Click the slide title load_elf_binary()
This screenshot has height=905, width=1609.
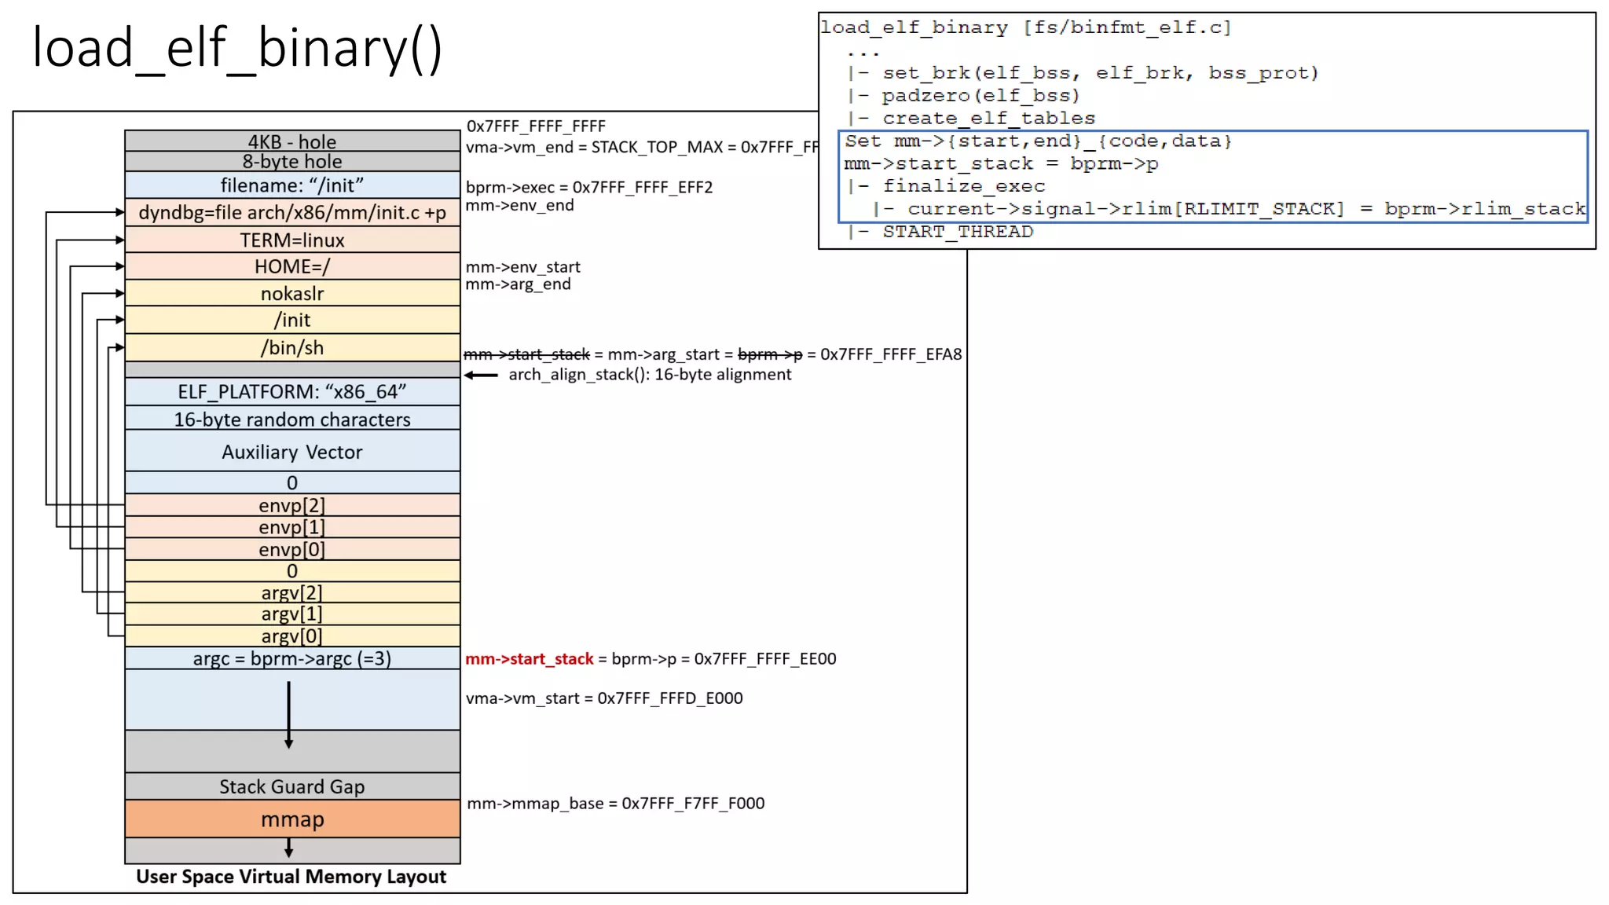[237, 49]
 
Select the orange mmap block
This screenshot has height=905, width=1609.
[292, 819]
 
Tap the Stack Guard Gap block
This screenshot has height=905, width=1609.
[292, 786]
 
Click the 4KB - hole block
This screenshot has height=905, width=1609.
[292, 141]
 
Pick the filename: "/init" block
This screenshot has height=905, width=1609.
[292, 185]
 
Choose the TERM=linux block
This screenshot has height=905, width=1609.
[292, 240]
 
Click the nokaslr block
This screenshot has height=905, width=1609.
[292, 293]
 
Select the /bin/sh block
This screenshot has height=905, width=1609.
[292, 347]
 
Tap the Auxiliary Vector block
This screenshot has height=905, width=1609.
[292, 452]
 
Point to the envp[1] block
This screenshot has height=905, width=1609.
[292, 527]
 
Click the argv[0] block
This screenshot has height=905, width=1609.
[292, 636]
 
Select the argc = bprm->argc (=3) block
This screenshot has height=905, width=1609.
[292, 658]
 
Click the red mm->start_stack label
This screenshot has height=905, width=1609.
[530, 659]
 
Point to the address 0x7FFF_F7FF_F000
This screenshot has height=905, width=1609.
[693, 804]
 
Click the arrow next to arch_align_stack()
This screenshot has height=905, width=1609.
[481, 376]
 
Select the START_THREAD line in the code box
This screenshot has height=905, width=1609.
[957, 232]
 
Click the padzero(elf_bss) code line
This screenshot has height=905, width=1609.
[980, 96]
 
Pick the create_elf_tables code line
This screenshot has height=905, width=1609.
[988, 119]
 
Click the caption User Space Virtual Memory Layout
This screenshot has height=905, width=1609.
[291, 877]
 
